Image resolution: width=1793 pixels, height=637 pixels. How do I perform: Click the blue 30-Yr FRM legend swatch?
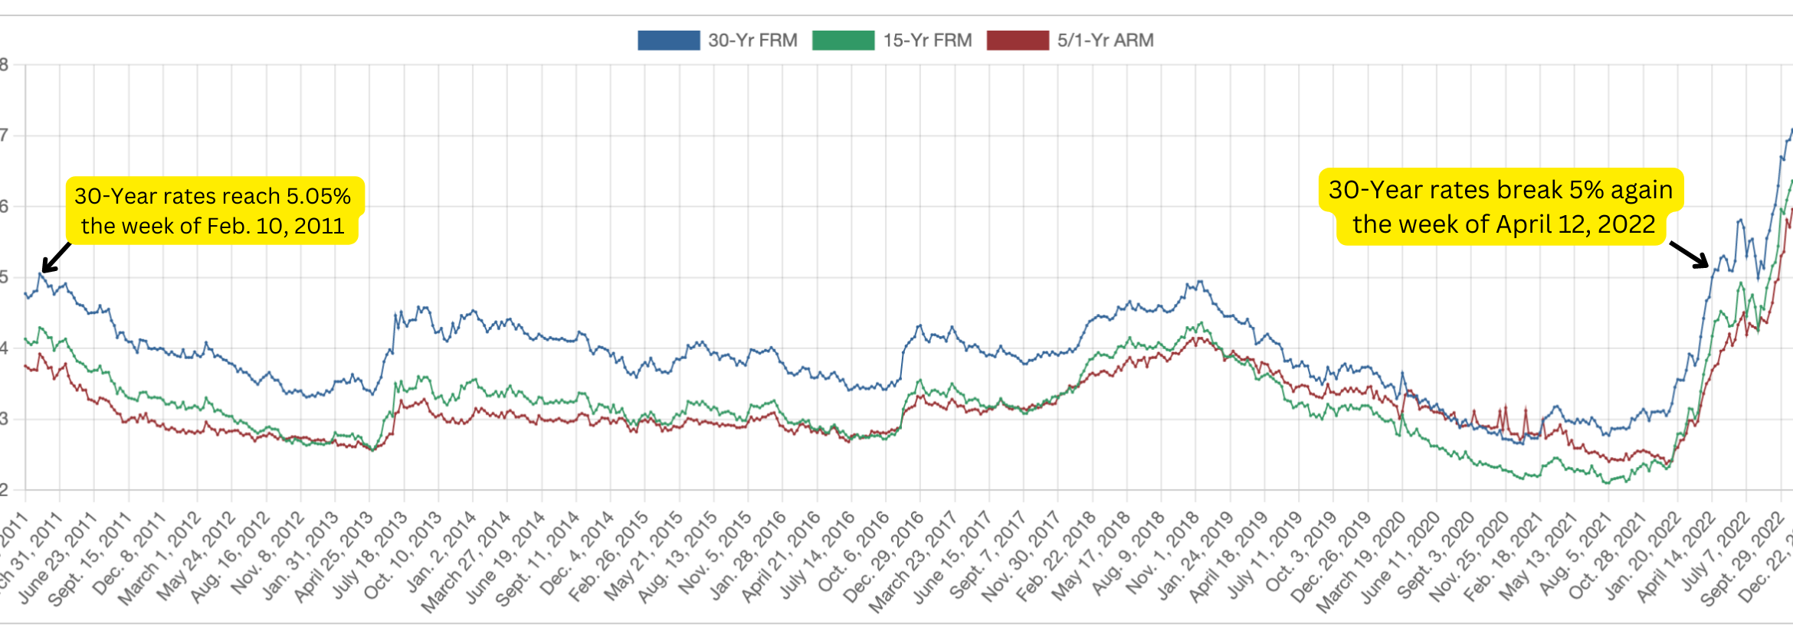668,41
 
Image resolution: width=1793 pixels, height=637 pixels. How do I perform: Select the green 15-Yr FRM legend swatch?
843,41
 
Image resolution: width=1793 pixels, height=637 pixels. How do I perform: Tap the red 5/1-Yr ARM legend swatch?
1018,41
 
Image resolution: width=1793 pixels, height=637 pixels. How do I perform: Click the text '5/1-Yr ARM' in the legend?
1105,41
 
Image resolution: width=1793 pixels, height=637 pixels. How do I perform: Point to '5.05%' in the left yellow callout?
318,197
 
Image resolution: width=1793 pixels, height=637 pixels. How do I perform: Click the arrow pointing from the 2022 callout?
1690,255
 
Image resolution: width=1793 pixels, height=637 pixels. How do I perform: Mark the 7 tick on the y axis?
5,136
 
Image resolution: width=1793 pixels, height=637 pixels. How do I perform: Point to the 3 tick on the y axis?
5,419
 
